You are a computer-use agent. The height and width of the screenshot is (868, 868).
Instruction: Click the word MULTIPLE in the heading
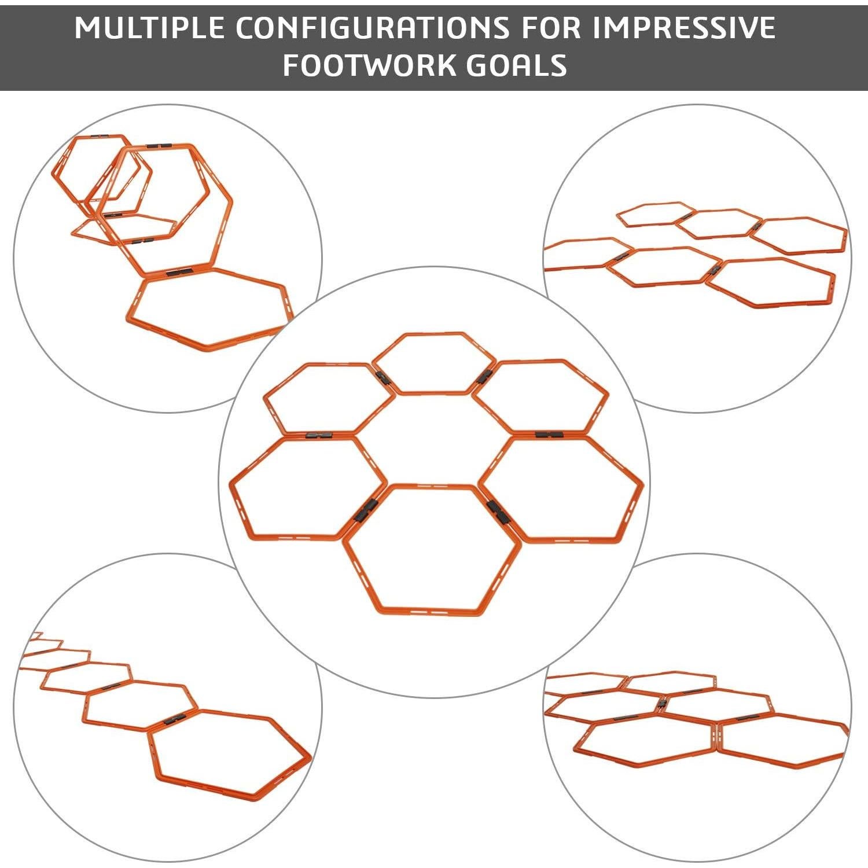(x=149, y=28)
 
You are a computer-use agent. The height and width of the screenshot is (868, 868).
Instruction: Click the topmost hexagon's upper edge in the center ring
(x=433, y=334)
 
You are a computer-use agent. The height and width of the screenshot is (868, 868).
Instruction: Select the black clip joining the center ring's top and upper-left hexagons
(x=382, y=379)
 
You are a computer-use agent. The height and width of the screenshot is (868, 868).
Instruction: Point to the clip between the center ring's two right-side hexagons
(x=549, y=434)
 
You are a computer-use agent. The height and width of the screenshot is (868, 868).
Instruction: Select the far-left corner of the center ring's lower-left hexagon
(x=231, y=482)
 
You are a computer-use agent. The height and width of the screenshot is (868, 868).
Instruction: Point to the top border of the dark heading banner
(x=434, y=6)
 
